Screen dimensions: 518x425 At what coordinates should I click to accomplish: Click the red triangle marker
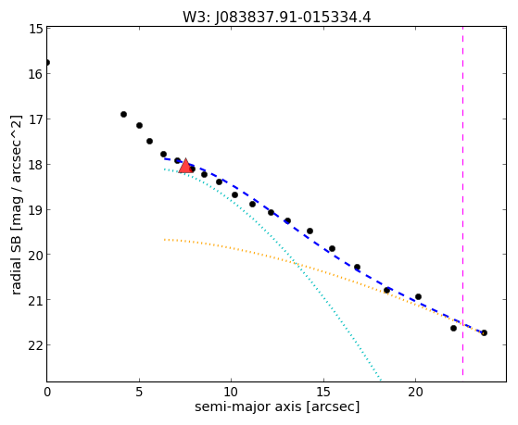(x=185, y=166)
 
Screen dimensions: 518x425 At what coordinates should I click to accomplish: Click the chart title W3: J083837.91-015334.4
(x=277, y=17)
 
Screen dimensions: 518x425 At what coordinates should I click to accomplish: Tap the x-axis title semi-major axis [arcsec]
(x=277, y=406)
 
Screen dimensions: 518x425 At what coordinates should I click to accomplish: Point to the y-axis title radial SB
(x=16, y=256)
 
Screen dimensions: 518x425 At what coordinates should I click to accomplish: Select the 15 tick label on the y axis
(x=36, y=29)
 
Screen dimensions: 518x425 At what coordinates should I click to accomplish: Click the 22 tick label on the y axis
(x=36, y=345)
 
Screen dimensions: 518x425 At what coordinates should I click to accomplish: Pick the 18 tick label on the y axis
(x=36, y=165)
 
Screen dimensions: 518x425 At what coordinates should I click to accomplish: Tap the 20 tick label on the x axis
(x=415, y=392)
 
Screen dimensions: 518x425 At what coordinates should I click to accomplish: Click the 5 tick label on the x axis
(x=139, y=392)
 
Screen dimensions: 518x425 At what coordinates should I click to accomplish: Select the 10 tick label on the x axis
(x=231, y=392)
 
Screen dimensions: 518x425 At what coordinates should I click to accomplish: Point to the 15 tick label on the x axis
(x=323, y=392)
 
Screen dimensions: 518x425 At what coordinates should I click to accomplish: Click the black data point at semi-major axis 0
(x=47, y=62)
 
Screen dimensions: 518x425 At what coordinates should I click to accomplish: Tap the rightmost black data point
(x=484, y=332)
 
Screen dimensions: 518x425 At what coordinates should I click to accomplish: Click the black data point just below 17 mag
(x=123, y=114)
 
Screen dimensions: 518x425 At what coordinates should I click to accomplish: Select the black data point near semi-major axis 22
(x=453, y=329)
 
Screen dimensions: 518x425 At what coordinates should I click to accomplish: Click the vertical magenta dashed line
(x=462, y=201)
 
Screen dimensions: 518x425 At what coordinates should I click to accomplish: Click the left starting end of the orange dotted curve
(x=165, y=240)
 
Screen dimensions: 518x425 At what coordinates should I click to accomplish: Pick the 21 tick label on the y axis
(x=36, y=300)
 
